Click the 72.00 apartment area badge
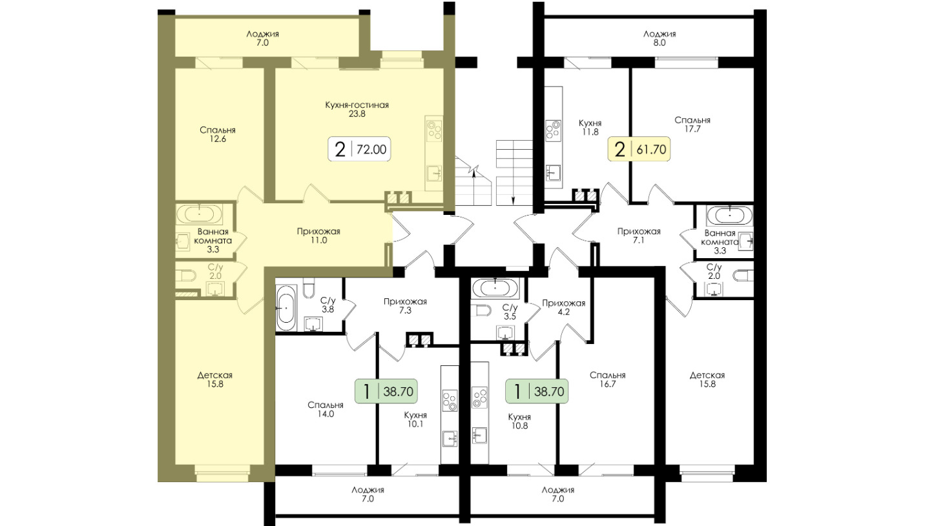point(359,149)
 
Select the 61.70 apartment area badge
point(639,149)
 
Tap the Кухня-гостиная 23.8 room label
point(357,109)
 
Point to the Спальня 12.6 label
point(218,134)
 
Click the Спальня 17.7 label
point(692,125)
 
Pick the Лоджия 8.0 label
point(660,38)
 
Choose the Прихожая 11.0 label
point(318,236)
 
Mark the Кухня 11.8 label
point(590,128)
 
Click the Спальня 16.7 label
point(607,379)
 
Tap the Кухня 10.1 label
point(415,419)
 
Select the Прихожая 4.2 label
point(564,308)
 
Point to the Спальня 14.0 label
point(326,409)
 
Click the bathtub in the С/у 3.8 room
point(286,308)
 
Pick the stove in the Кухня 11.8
point(554,130)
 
